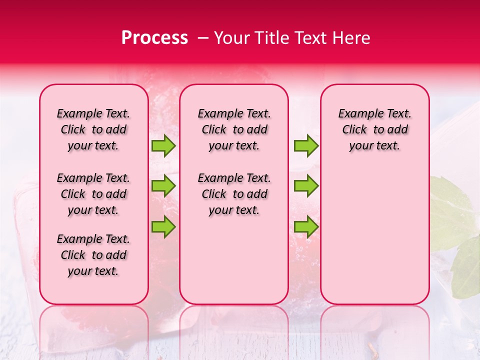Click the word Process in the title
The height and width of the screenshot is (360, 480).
click(x=154, y=38)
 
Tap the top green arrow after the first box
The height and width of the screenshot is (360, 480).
click(x=163, y=145)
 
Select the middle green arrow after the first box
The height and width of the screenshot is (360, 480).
click(x=163, y=186)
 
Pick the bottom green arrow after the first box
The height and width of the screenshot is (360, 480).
click(x=163, y=226)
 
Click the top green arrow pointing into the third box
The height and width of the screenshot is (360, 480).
click(x=306, y=145)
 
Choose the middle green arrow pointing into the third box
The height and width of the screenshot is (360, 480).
click(x=306, y=186)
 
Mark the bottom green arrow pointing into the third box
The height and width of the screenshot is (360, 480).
click(x=306, y=226)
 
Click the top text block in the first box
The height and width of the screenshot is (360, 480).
click(x=93, y=129)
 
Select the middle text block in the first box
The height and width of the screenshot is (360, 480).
click(x=93, y=194)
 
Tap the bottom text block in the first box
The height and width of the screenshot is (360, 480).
click(x=93, y=255)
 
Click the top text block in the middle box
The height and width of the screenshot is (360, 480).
click(x=234, y=129)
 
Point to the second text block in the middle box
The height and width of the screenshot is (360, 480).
click(x=234, y=194)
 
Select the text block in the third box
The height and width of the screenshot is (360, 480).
click(x=374, y=129)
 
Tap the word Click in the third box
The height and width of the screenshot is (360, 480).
click(x=354, y=129)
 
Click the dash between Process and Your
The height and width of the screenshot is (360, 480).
click(x=203, y=38)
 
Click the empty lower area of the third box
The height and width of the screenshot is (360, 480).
click(x=374, y=240)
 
